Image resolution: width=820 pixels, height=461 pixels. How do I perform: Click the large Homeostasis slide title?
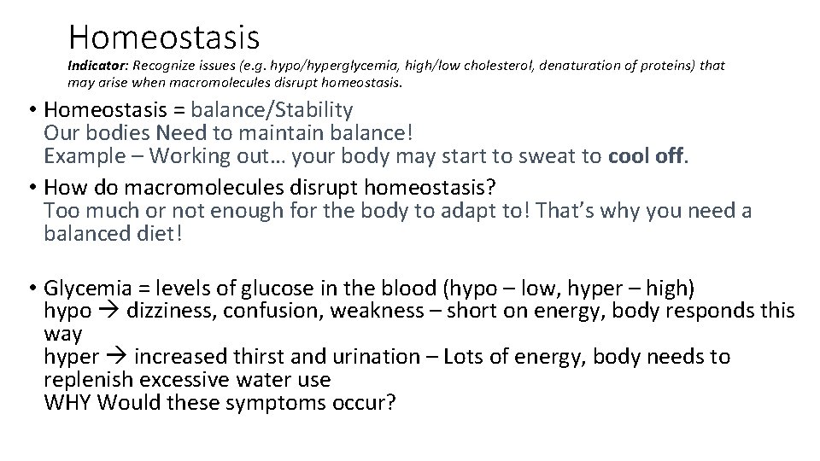[x=164, y=36]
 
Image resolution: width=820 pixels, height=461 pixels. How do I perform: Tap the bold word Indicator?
[x=93, y=66]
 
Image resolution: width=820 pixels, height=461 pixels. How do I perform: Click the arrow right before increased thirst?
[x=119, y=357]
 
